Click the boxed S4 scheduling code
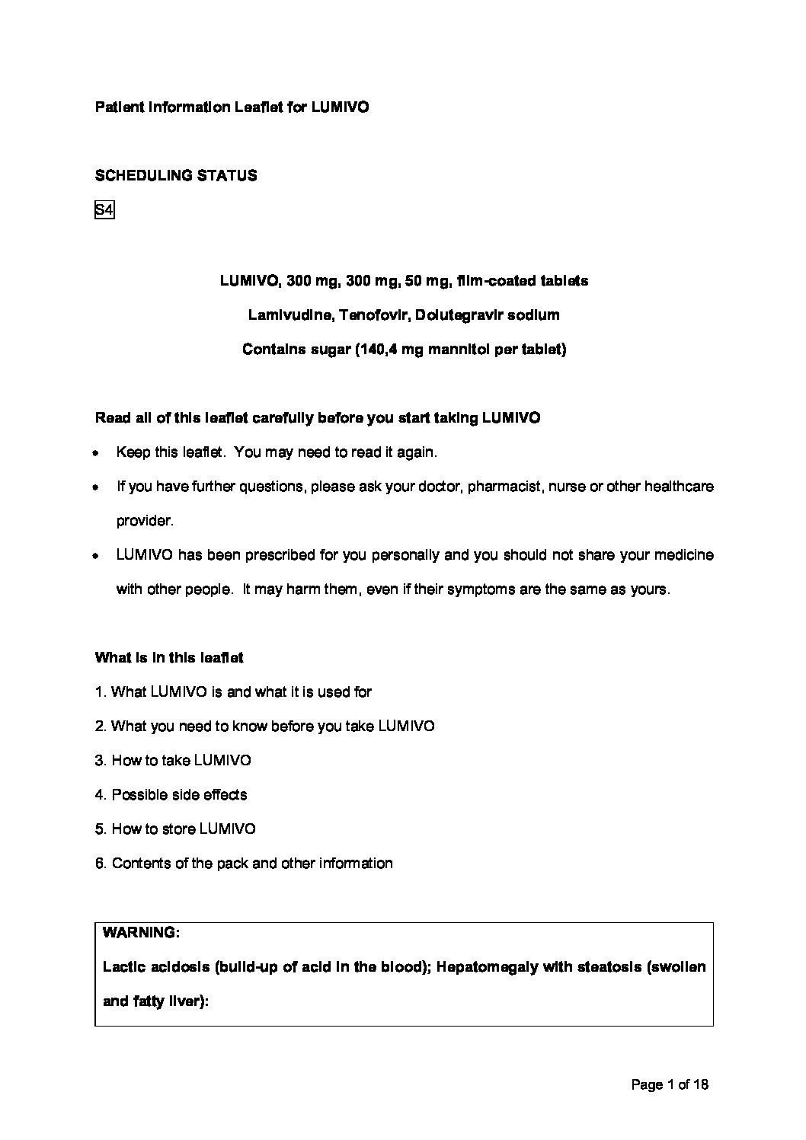pos(104,209)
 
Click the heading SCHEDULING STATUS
pos(176,176)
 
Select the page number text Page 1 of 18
pos(670,1084)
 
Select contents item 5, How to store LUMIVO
pos(175,829)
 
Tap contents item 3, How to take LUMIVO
pos(173,761)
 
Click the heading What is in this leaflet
pos(169,658)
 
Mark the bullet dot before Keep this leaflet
pos(94,452)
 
